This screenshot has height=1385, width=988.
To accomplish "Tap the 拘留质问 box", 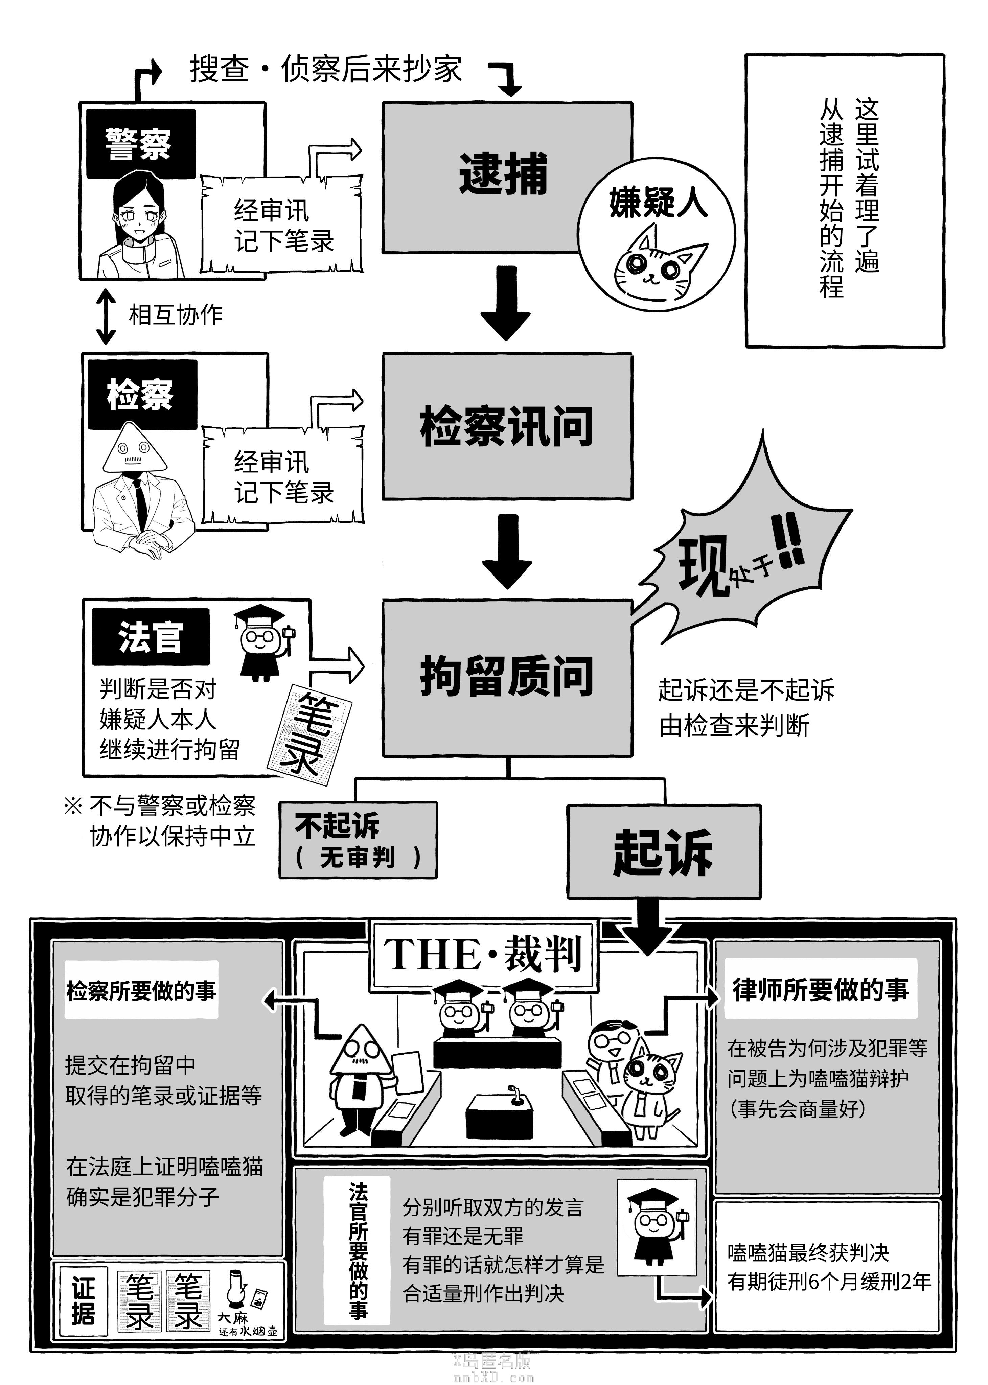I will click(x=507, y=677).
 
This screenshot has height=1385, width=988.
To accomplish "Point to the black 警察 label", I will click(x=139, y=144).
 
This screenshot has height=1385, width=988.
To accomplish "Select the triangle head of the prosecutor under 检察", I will click(x=135, y=449).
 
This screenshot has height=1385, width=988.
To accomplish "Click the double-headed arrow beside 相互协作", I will click(x=106, y=316).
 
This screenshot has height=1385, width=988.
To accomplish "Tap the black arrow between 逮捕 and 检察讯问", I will click(x=506, y=302).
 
